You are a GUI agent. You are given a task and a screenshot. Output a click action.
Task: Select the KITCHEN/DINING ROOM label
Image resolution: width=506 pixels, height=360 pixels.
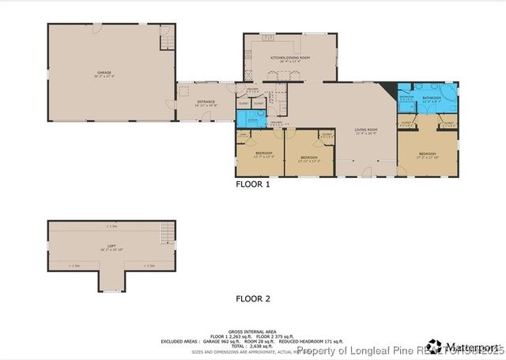click(290, 59)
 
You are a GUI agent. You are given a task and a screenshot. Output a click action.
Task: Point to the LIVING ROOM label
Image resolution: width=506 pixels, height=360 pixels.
click(366, 131)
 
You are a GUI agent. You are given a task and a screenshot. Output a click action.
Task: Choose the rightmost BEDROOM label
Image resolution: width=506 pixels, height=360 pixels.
click(427, 154)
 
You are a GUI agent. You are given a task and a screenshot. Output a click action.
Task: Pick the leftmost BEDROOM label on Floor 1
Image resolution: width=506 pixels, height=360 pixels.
click(263, 153)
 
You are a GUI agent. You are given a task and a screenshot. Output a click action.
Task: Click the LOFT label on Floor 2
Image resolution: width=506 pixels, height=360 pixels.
click(111, 247)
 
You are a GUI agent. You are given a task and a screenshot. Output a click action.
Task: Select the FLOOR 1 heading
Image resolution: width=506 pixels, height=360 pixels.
click(253, 184)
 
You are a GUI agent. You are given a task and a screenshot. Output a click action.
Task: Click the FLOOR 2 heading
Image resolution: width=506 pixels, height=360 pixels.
click(253, 299)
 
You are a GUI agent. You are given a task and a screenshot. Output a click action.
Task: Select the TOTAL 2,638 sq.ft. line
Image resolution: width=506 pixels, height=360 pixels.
click(252, 346)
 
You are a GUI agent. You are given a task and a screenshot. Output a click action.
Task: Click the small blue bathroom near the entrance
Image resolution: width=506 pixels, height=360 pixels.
click(252, 119)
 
